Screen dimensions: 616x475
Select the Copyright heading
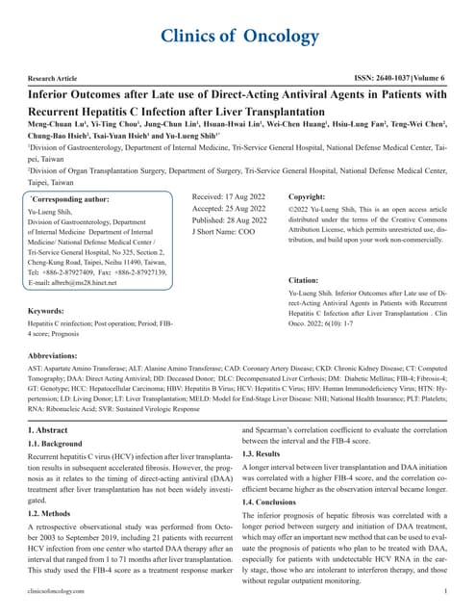pyautogui.click(x=336, y=195)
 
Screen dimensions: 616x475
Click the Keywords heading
pyautogui.click(x=46, y=285)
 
